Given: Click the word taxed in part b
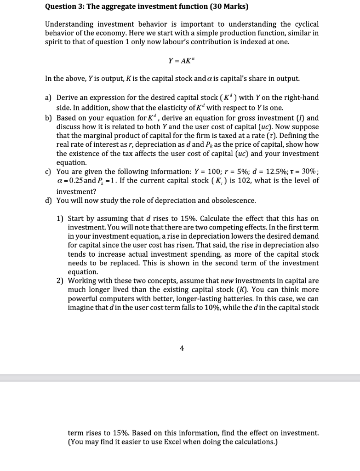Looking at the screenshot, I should pos(227,136).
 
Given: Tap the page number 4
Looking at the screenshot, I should pos(182,348).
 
